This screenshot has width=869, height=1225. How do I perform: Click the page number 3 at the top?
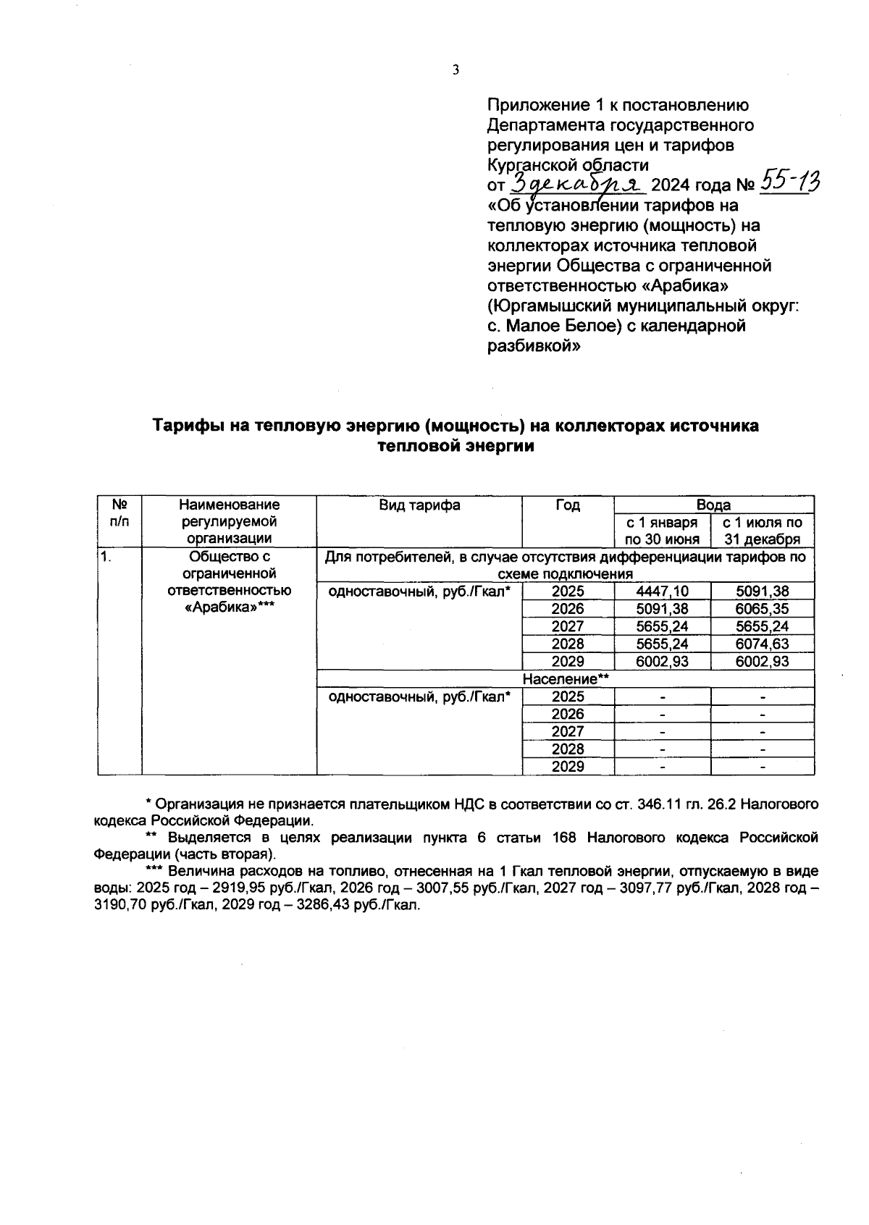click(x=455, y=70)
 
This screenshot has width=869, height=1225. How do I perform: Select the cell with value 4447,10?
click(x=662, y=592)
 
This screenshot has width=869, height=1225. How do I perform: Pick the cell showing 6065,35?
click(x=762, y=609)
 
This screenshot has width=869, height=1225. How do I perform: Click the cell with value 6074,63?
click(x=762, y=644)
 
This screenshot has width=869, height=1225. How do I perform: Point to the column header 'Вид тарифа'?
click(x=419, y=505)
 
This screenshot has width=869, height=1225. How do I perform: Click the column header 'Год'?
click(x=568, y=505)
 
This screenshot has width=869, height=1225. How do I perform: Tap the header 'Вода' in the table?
click(x=713, y=505)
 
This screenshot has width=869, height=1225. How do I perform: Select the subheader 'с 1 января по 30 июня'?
click(x=662, y=531)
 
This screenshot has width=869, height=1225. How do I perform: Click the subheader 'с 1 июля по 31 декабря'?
click(x=762, y=531)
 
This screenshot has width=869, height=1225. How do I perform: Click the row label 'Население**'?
click(x=566, y=679)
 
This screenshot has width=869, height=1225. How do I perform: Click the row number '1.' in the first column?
click(x=106, y=557)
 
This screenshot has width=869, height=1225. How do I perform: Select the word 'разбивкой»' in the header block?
click(x=534, y=346)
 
